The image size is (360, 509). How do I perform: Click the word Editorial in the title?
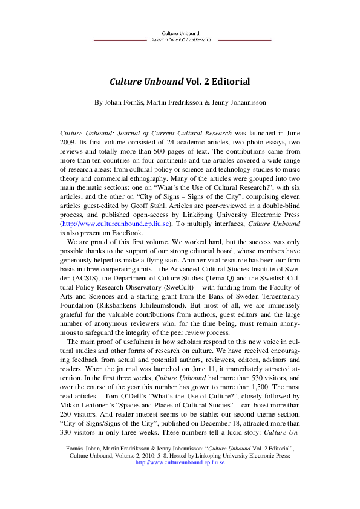pyautogui.click(x=228, y=80)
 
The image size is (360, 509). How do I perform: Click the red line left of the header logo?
pyautogui.click(x=120, y=40)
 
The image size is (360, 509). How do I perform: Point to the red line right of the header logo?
pyautogui.click(x=244, y=40)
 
